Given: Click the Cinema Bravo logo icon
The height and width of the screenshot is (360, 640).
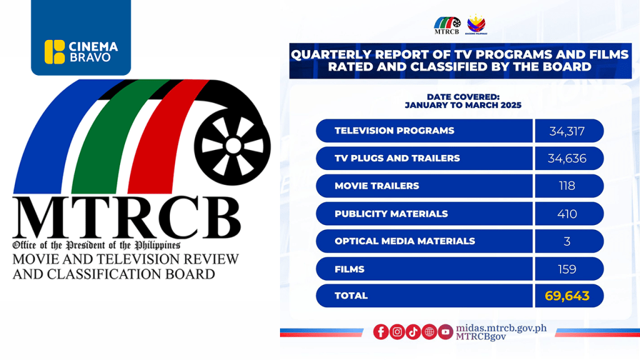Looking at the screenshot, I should [x=55, y=51].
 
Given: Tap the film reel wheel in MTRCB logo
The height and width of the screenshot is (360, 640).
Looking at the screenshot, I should [x=233, y=146].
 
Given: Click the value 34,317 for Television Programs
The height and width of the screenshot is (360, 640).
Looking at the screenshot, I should [x=569, y=131].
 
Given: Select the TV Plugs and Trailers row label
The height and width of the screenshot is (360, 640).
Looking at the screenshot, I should [x=397, y=159].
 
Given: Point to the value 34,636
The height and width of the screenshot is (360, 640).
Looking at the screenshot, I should [x=567, y=159].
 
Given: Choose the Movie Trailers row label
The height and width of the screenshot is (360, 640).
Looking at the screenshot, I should [x=377, y=186].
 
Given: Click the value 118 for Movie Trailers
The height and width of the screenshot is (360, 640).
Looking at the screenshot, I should [x=567, y=186].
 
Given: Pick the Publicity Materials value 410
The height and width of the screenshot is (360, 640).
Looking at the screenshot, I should [x=567, y=214].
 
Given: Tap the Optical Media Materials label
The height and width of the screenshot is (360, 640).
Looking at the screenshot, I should [x=404, y=241].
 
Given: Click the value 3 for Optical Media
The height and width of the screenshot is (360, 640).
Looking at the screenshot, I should [x=567, y=241].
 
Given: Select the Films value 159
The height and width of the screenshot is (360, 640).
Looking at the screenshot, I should [x=567, y=269].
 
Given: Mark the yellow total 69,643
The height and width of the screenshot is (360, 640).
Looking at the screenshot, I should [x=567, y=296].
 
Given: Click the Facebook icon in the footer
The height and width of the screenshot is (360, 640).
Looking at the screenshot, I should [x=381, y=332].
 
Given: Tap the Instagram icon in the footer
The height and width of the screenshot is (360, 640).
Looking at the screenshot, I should [x=397, y=332].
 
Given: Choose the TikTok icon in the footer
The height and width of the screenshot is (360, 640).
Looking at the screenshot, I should [x=413, y=332].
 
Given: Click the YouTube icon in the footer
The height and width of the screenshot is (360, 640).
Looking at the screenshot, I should [x=445, y=332].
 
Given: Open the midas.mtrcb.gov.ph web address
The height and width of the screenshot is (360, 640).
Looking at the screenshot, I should [x=501, y=327].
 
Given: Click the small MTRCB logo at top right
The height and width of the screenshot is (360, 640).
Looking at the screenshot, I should [x=447, y=24].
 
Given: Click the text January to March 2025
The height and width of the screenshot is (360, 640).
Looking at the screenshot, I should [x=462, y=106].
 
